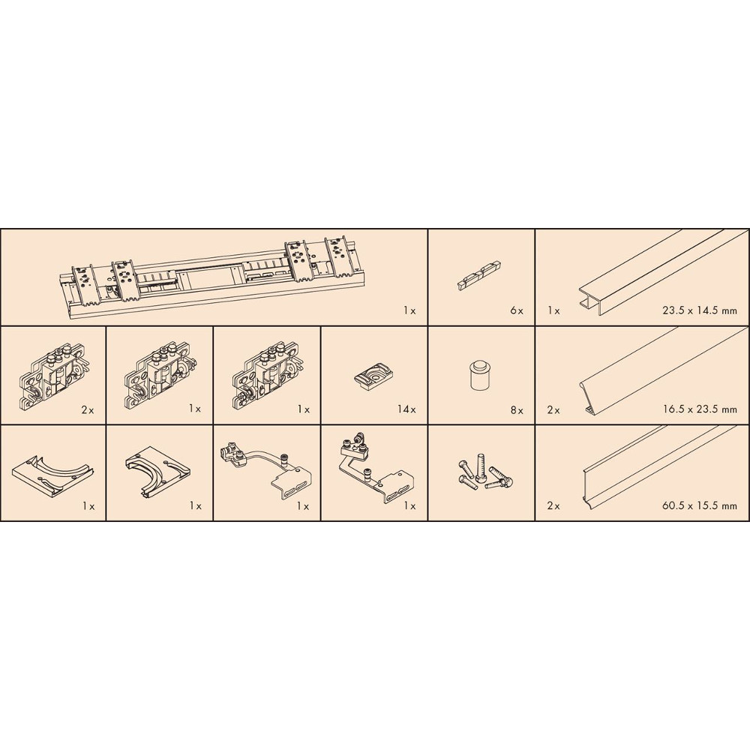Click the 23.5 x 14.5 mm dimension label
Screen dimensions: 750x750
click(x=699, y=310)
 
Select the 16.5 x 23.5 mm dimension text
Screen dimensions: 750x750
click(x=699, y=409)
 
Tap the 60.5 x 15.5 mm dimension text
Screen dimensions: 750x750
click(x=699, y=505)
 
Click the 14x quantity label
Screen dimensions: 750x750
click(x=406, y=409)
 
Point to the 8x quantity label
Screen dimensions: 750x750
click(x=517, y=410)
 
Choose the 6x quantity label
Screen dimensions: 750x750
click(x=517, y=311)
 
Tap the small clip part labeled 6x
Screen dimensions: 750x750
click(x=479, y=275)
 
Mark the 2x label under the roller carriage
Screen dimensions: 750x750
click(x=88, y=410)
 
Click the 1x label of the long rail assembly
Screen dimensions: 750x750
click(x=409, y=311)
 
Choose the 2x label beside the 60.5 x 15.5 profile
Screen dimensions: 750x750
click(x=553, y=505)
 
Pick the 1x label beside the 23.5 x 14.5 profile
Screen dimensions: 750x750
click(x=553, y=311)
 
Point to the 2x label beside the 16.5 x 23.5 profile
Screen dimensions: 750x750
click(x=553, y=410)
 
